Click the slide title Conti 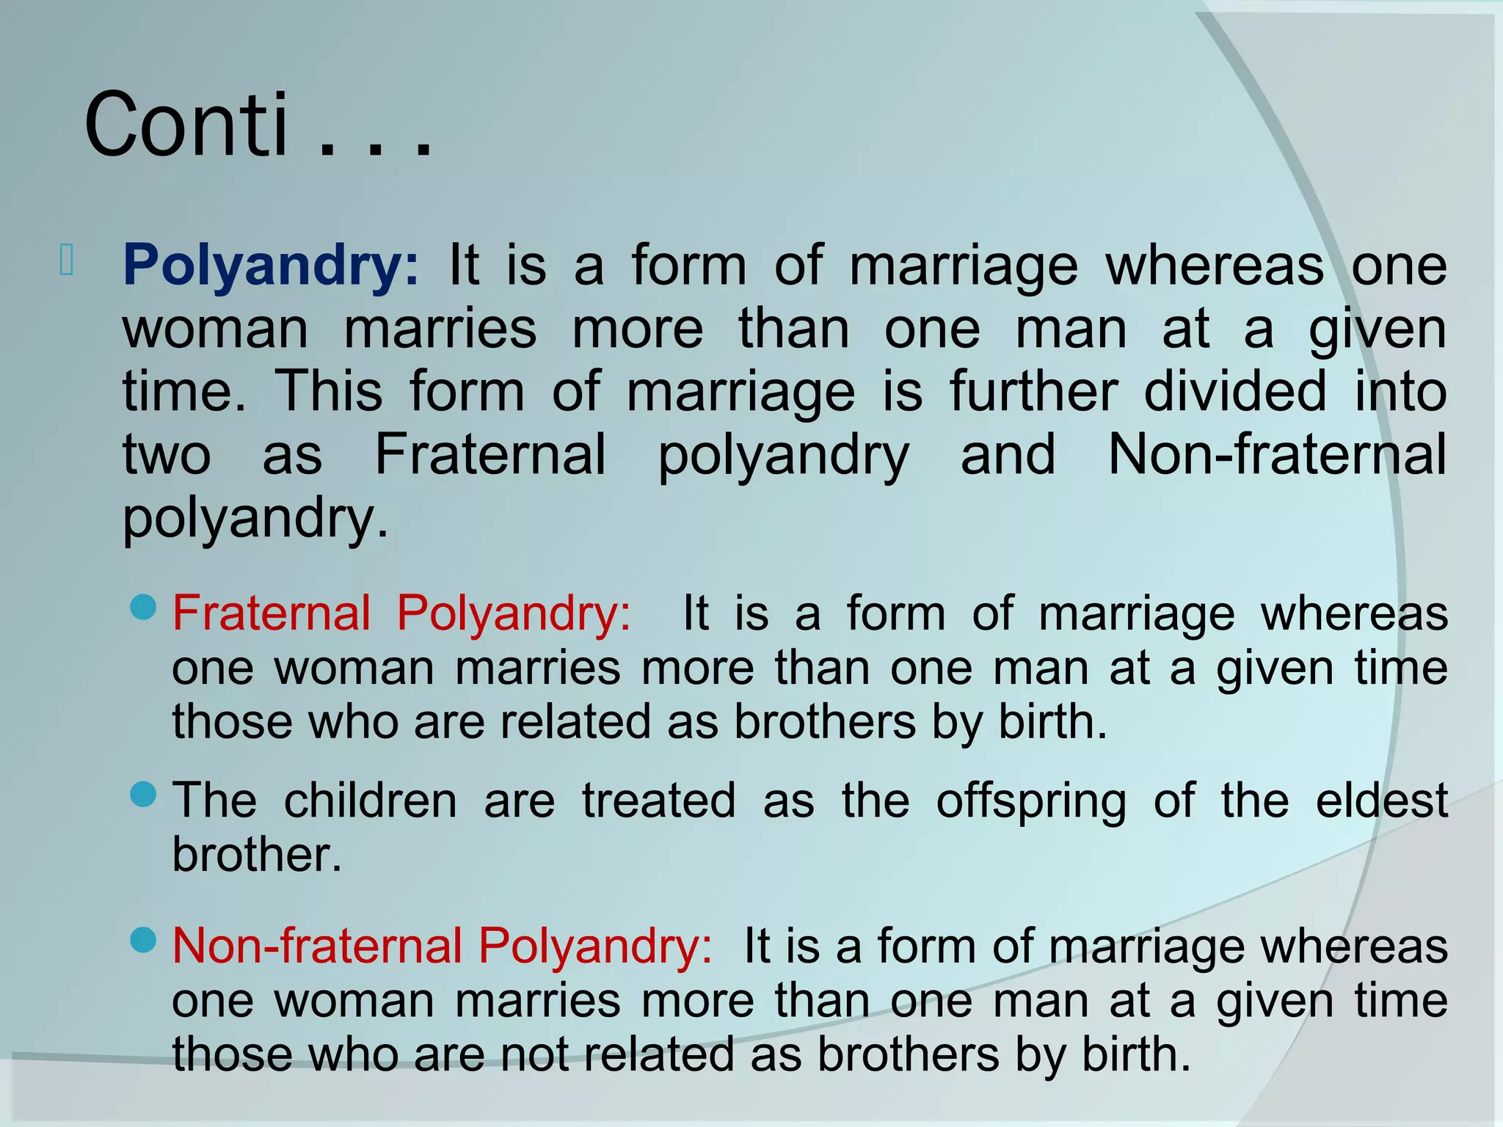click(x=187, y=125)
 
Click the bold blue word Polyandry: click(x=271, y=265)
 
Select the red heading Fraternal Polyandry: click(x=401, y=613)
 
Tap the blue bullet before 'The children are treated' click(x=143, y=794)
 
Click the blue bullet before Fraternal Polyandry click(x=143, y=607)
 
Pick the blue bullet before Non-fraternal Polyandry click(x=143, y=940)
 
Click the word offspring click(x=1031, y=801)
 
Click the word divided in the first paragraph click(x=1235, y=391)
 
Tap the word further click(x=1033, y=391)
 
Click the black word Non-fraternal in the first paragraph click(x=1277, y=454)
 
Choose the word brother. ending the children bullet click(x=257, y=855)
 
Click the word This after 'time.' click(x=328, y=391)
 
